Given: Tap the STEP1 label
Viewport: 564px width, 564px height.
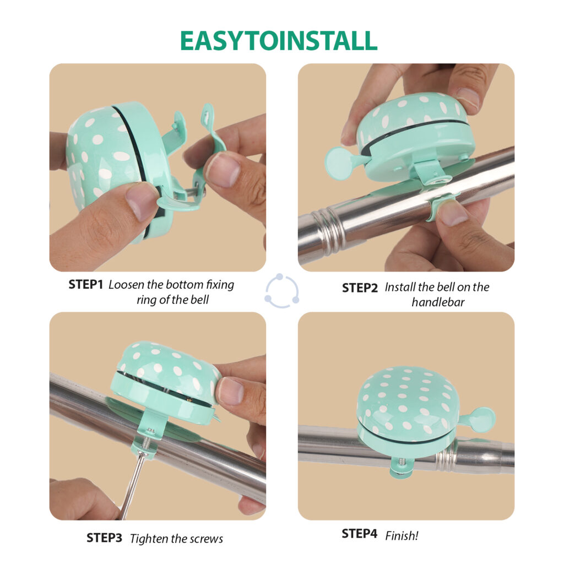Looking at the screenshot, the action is pos(85,285).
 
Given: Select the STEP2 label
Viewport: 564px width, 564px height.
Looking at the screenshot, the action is pos(360,288).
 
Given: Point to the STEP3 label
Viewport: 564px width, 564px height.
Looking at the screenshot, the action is pos(104,538).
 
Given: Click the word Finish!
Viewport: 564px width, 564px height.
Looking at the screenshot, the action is pos(402,535).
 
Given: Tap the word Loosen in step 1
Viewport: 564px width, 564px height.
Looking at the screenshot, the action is pos(127,285).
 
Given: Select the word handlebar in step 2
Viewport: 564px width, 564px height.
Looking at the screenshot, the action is pos(438,302).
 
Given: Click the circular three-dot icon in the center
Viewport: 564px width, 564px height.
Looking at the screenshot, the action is pos(282,291).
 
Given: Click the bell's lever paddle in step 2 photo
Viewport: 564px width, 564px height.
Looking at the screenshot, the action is pos(340,162).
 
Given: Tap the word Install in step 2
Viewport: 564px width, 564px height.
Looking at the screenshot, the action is pos(400,288).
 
